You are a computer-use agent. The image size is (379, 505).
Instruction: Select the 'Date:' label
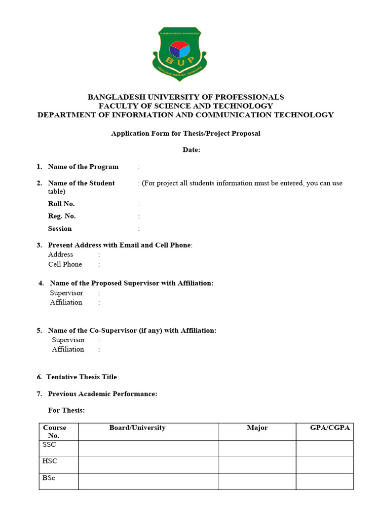191,150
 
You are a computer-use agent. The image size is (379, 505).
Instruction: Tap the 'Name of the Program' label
83,167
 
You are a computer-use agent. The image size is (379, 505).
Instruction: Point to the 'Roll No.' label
61,204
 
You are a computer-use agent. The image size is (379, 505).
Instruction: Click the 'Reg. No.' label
62,216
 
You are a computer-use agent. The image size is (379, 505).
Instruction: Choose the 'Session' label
60,228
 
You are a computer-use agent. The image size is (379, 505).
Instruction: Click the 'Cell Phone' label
65,264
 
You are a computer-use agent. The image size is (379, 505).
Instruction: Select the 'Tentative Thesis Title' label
82,377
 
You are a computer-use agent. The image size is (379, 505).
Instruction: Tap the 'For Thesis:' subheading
66,410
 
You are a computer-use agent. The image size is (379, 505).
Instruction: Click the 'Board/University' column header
137,428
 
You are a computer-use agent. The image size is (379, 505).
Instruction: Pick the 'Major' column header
257,428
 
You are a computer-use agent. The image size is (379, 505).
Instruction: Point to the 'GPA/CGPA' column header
330,428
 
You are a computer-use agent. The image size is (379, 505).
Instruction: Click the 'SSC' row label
49,445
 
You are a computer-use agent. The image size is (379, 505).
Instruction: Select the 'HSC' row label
50,461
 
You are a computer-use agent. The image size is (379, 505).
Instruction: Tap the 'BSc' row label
49,478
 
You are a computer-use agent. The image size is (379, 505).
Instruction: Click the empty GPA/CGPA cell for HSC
324,465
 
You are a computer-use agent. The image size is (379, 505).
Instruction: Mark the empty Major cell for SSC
257,448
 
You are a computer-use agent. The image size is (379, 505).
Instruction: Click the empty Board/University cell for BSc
148,481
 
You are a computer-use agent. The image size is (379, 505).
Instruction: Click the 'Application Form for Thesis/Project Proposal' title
186,133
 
